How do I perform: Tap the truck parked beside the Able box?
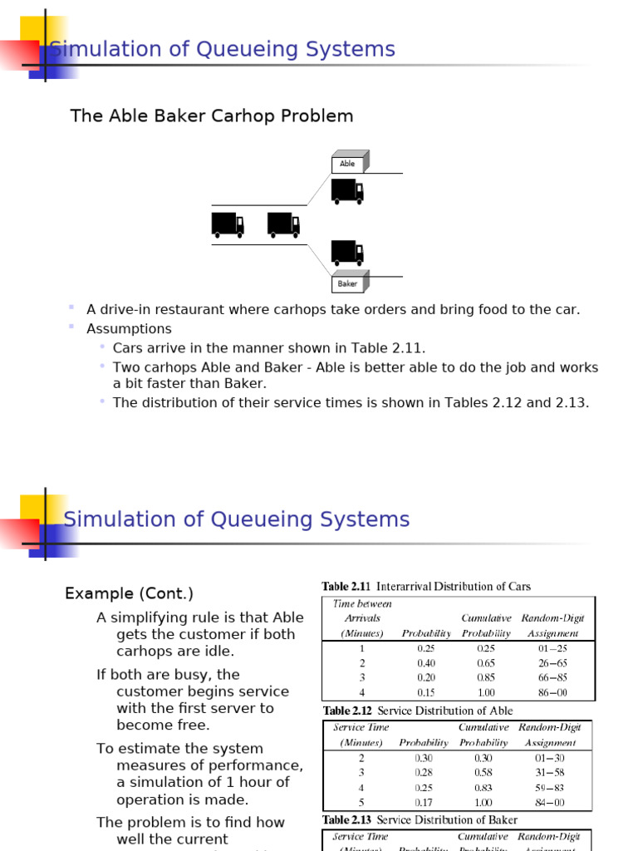click(x=347, y=191)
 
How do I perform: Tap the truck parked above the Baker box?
click(x=347, y=252)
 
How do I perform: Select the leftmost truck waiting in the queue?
click(x=228, y=224)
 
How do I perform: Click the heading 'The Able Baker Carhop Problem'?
click(x=212, y=116)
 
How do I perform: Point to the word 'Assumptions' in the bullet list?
click(x=129, y=329)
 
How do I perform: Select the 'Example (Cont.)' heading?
click(x=129, y=593)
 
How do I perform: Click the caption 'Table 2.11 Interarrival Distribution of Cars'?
click(x=426, y=587)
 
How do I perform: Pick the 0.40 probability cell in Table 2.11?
click(x=426, y=662)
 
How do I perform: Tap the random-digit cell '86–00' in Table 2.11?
click(x=551, y=692)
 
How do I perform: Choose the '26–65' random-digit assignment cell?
click(x=551, y=662)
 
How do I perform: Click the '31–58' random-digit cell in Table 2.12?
click(x=548, y=772)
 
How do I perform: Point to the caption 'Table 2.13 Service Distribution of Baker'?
click(x=420, y=820)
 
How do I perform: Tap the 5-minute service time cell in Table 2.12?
click(x=361, y=803)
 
